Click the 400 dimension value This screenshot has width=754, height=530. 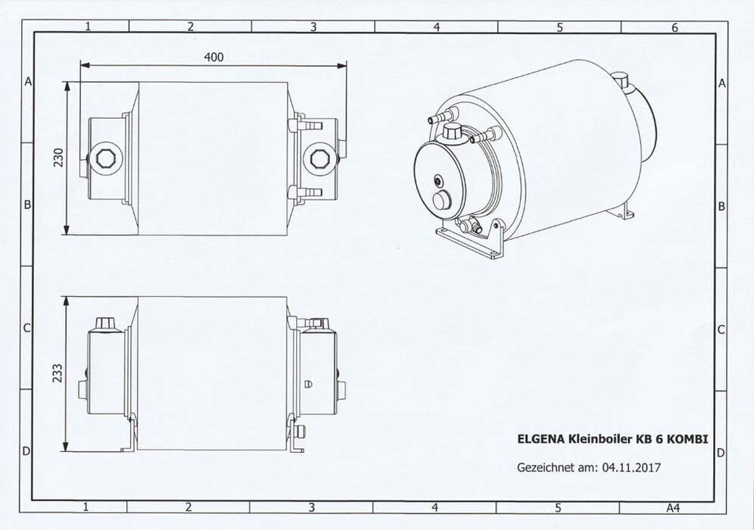coord(214,58)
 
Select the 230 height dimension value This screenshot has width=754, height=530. coord(58,157)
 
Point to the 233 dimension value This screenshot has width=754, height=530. coord(58,373)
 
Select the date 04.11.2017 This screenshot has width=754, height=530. coord(631,467)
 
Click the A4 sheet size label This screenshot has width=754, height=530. coord(673,507)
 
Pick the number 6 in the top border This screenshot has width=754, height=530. coord(675,28)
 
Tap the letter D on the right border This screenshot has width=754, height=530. coord(721,453)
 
